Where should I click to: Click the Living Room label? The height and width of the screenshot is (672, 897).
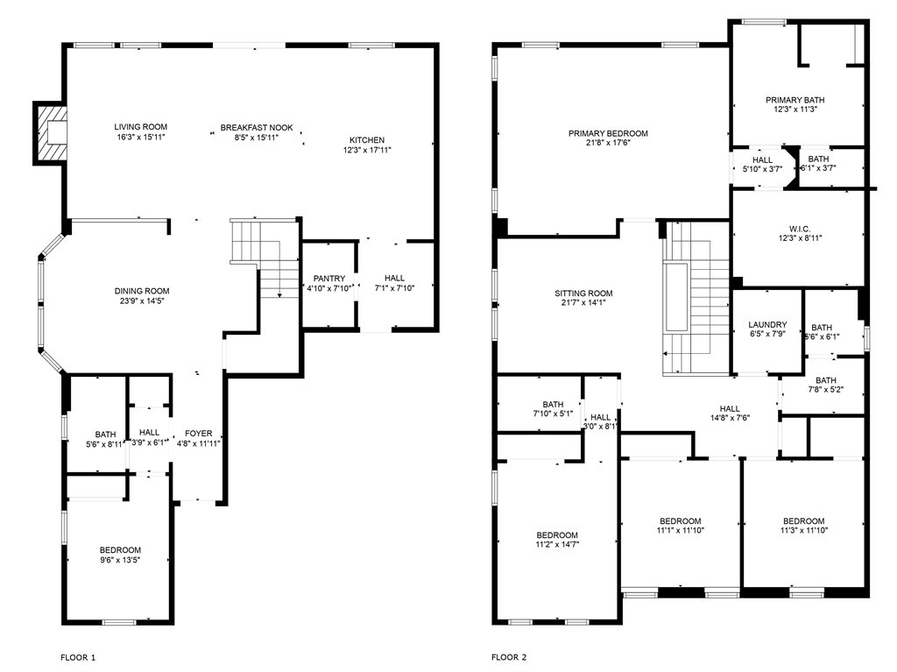[140, 127]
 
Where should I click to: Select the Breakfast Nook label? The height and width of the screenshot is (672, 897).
[257, 127]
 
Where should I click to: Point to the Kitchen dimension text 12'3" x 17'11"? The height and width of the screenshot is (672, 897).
[367, 150]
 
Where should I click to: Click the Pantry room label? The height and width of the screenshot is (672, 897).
[329, 278]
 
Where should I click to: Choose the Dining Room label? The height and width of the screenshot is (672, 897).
[141, 291]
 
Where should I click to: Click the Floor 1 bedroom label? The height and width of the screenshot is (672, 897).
[119, 550]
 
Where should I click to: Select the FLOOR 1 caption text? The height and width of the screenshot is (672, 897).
[78, 656]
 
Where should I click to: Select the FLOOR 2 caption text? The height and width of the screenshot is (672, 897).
[509, 656]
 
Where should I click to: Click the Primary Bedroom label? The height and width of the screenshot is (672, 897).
[608, 133]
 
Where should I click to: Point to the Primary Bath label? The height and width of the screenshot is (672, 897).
[795, 100]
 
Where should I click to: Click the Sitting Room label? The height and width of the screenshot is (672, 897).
[583, 294]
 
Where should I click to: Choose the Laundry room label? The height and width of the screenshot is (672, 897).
[768, 324]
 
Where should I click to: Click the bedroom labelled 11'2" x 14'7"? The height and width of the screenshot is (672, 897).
[557, 535]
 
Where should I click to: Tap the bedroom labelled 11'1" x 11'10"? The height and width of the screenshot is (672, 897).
[680, 520]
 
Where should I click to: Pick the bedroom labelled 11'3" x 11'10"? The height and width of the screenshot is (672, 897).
[803, 520]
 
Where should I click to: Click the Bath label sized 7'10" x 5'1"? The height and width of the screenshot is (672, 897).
[552, 404]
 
